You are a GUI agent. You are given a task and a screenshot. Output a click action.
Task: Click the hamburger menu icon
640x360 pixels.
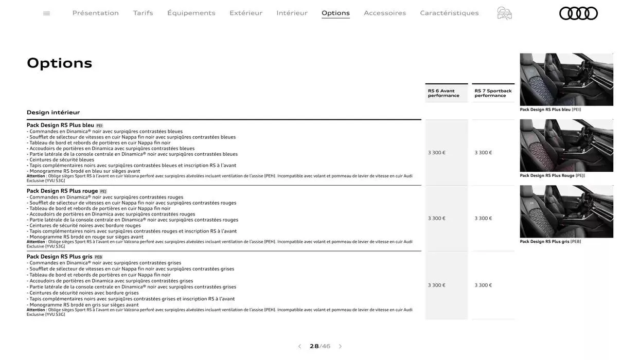click(x=47, y=13)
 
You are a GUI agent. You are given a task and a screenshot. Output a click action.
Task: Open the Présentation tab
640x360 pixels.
click(x=96, y=13)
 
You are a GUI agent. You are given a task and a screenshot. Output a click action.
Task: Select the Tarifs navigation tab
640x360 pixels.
click(x=143, y=13)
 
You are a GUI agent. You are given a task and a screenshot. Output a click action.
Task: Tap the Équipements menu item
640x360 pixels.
click(x=191, y=13)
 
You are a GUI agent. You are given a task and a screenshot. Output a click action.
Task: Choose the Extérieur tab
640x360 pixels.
click(x=246, y=13)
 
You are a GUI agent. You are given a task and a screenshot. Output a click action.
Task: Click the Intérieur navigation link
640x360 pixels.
click(x=292, y=13)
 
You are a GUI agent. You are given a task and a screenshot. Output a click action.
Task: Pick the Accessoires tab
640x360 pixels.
click(x=385, y=13)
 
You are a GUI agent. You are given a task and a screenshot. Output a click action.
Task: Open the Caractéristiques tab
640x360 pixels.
click(x=449, y=13)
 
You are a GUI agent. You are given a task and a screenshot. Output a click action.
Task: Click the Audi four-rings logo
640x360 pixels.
click(x=578, y=13)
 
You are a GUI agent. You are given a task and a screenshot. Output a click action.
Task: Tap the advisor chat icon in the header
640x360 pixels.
click(x=504, y=13)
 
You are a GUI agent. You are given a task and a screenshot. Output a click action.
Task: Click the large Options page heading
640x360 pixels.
click(x=60, y=63)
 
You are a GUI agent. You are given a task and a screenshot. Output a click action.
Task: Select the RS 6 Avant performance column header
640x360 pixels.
click(x=443, y=93)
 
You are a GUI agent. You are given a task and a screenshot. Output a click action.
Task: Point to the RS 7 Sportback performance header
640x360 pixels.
click(x=493, y=93)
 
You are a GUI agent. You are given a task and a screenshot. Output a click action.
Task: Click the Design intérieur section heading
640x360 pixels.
click(x=54, y=112)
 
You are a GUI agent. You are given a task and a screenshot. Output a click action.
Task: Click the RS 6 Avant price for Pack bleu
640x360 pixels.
click(x=437, y=153)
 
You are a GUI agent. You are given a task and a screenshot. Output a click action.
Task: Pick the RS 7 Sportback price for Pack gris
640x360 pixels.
click(x=483, y=285)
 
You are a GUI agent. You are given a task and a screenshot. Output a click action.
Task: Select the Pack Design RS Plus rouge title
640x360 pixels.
click(x=62, y=191)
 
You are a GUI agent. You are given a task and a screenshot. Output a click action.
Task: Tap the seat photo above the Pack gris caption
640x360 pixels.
click(x=566, y=211)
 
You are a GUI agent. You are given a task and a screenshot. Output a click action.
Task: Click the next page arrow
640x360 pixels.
click(x=340, y=347)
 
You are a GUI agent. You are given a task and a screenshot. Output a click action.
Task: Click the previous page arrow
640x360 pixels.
click(x=299, y=347)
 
